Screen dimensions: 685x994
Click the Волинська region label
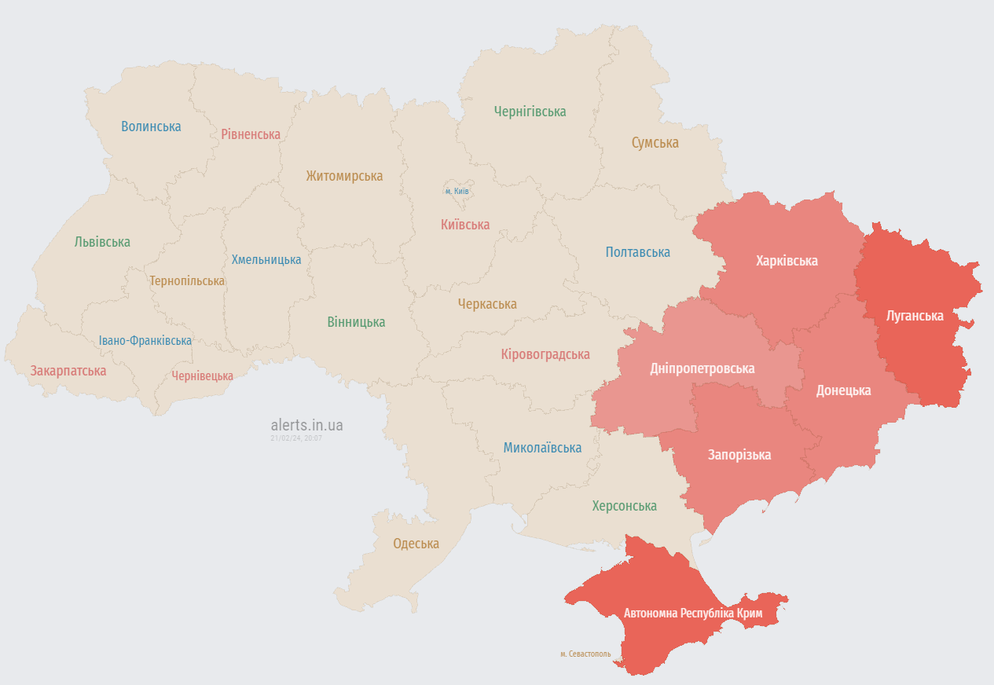[151, 126]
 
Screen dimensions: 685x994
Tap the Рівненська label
[251, 134]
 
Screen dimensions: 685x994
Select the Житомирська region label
[344, 176]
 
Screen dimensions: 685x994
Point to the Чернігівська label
[530, 112]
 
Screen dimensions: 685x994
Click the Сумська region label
[655, 143]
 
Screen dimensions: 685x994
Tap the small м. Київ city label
[457, 191]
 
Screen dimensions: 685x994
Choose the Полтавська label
[637, 252]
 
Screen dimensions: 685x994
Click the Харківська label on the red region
[787, 261]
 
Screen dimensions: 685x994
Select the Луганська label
[915, 316]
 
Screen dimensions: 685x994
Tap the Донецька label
[843, 390]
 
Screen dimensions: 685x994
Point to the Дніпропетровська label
[702, 368]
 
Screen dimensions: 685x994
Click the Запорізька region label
[739, 455]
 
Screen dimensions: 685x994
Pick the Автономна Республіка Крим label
[692, 612]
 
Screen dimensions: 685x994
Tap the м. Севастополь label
[585, 654]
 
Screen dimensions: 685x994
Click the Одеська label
[416, 544]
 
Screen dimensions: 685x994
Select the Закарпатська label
[68, 371]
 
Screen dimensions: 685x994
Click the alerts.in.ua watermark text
[306, 425]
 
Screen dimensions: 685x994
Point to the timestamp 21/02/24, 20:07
[296, 438]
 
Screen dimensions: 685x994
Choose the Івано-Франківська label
[145, 341]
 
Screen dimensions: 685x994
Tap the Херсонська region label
[624, 506]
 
